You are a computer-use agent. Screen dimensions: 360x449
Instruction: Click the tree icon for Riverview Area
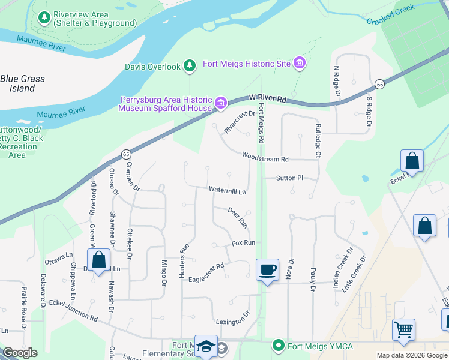[44, 19]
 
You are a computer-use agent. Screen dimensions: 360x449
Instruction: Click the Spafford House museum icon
[221, 104]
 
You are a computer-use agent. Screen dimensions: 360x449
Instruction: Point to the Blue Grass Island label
[22, 83]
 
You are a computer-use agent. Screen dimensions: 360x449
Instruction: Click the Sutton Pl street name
[290, 178]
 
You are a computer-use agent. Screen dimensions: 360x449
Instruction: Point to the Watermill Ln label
[228, 191]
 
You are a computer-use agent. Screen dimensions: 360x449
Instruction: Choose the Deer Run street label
[238, 217]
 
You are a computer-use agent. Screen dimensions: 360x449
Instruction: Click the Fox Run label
[244, 243]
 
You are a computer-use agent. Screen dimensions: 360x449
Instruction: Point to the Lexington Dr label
[233, 318]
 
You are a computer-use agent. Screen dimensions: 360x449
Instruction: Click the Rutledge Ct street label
[318, 140]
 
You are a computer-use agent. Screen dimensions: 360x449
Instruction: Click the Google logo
[20, 353]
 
